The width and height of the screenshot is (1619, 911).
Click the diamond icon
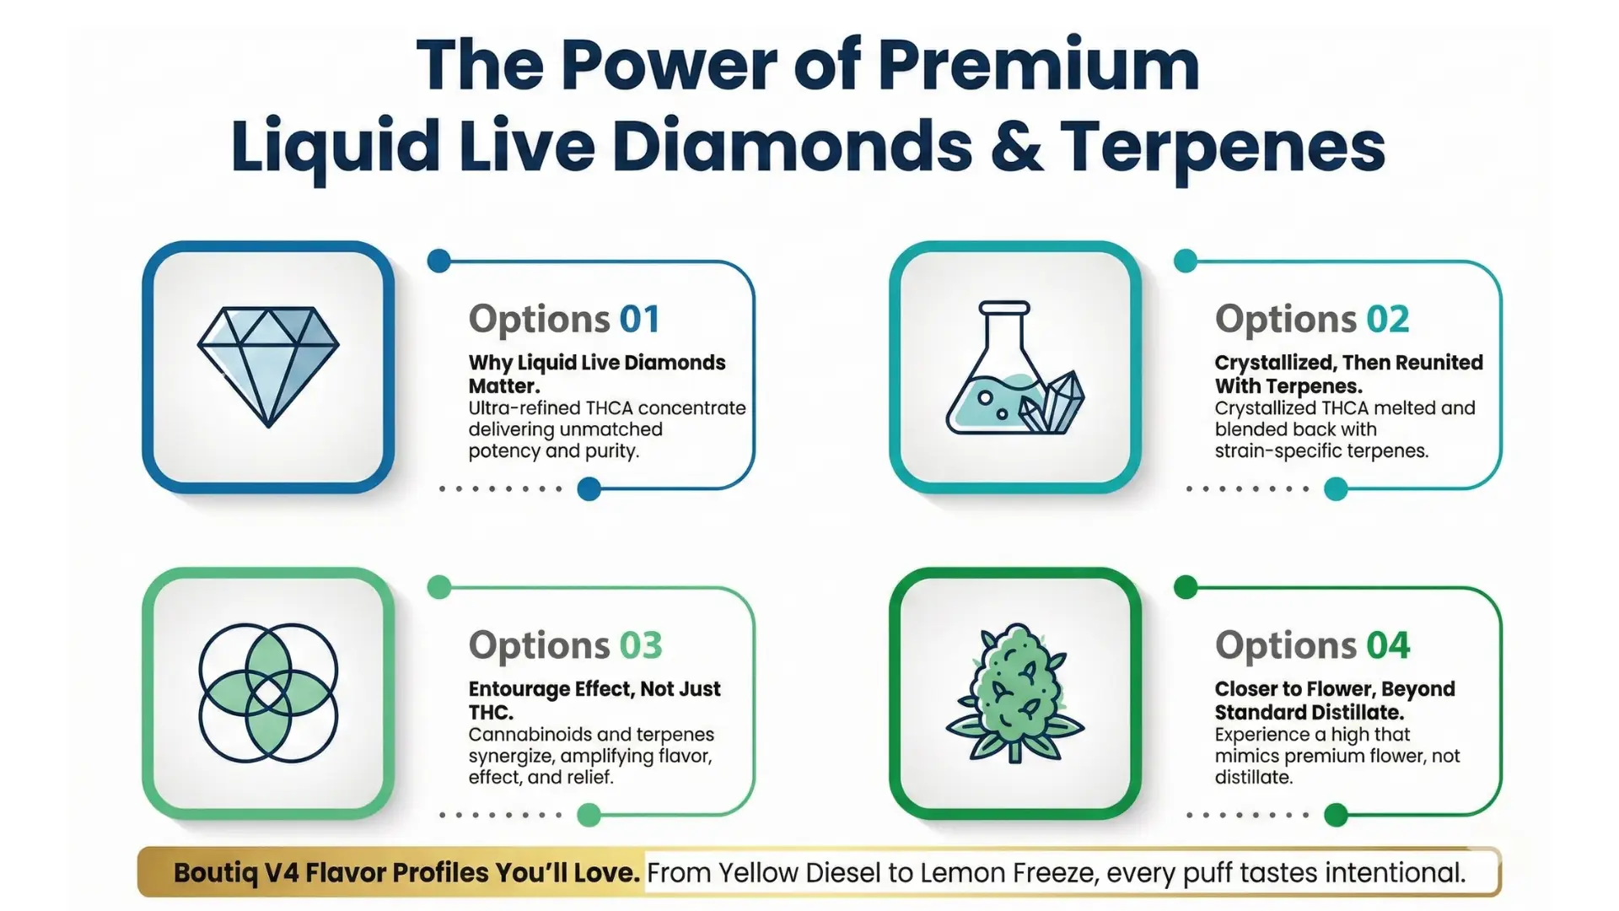[x=268, y=367]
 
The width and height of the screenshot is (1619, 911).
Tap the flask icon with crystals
[x=1015, y=368]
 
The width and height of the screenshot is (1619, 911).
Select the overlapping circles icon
[x=268, y=693]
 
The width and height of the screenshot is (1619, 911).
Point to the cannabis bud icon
[x=1015, y=693]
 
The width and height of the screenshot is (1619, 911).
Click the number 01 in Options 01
[x=640, y=319]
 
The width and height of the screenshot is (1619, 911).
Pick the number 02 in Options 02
[x=1388, y=319]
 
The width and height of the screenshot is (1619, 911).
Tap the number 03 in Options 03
[x=641, y=645]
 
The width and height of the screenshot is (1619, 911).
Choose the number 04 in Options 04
[x=1388, y=645]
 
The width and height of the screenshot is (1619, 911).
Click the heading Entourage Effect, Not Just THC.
[x=594, y=700]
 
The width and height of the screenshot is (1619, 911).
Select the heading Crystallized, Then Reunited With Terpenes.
[x=1348, y=374]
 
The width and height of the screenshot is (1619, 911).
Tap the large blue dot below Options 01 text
[x=589, y=488]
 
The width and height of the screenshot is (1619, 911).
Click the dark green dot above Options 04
[x=1186, y=587]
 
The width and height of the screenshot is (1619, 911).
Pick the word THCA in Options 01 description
[x=610, y=408]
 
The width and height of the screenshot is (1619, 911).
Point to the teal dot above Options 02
[x=1186, y=261]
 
